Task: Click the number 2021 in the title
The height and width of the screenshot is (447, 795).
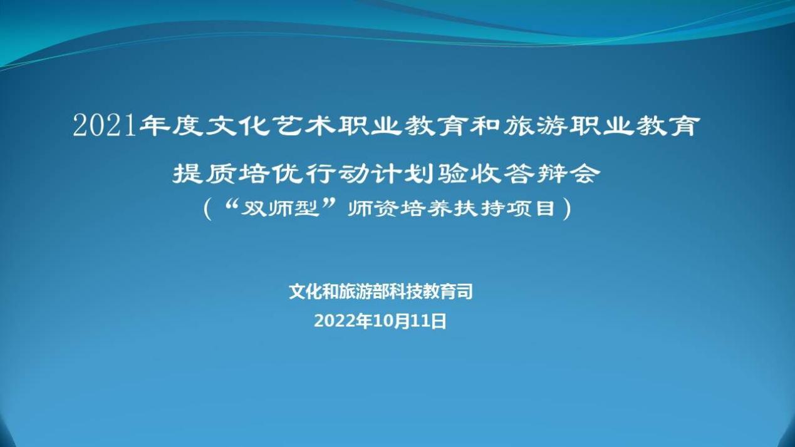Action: pos(105,126)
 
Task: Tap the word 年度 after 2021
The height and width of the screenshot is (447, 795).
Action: pos(171,126)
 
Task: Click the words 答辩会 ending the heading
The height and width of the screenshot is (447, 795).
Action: pos(553,174)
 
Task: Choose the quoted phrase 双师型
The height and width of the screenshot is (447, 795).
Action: pos(279,209)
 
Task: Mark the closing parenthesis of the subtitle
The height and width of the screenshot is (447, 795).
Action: pos(568,210)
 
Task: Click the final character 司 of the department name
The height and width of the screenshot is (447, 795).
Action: pos(465,292)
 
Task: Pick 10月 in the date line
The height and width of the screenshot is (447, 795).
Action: pos(392,321)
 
